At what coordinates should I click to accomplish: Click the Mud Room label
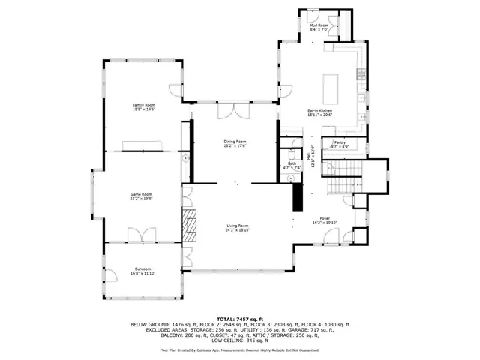pos(319,25)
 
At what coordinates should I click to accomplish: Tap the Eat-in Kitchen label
pos(319,111)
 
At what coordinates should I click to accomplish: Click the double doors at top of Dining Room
pos(230,111)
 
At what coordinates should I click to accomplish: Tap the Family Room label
pos(143,104)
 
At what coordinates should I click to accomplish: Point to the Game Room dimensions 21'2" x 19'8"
pos(142,199)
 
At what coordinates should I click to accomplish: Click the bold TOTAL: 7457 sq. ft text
pos(240,319)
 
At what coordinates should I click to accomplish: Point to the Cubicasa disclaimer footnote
pos(240,349)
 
